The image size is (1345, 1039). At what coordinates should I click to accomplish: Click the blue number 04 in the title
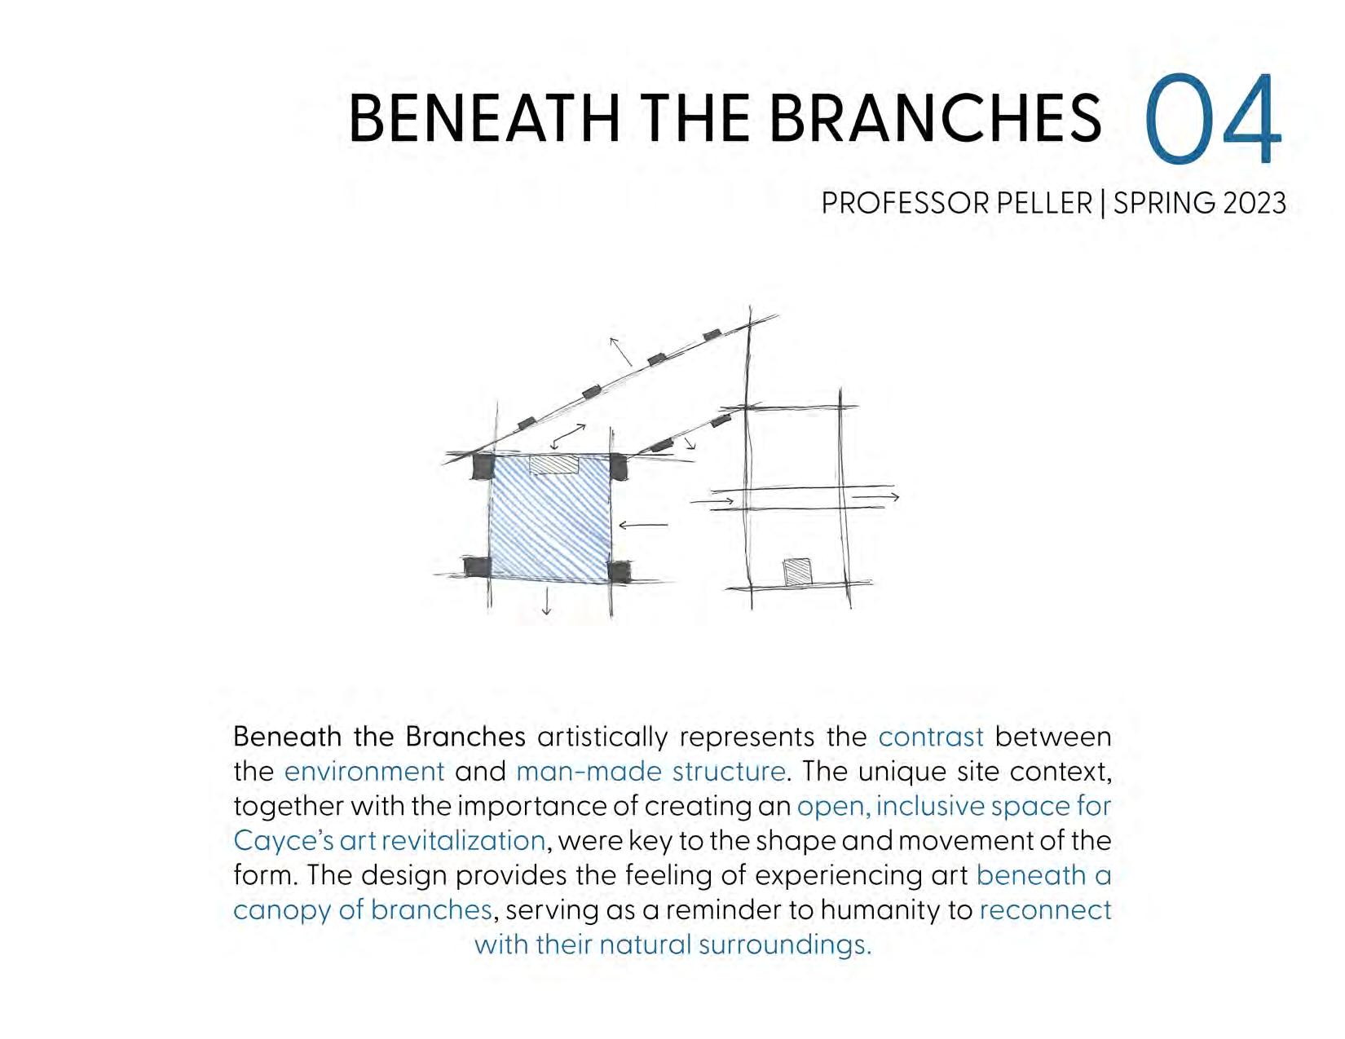coord(1214,120)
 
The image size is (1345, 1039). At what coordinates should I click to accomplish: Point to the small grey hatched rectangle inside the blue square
coord(553,464)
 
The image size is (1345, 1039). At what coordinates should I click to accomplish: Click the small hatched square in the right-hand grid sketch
coord(798,571)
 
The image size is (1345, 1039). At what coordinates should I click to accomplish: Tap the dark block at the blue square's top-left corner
coord(483,466)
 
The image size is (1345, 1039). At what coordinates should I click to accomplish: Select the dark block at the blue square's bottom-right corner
coord(619,571)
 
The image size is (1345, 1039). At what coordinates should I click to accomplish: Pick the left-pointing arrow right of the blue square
coord(643,526)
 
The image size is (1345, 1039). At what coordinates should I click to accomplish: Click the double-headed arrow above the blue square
coord(569,436)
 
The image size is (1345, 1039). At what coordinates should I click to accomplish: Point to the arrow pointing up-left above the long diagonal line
coord(620,351)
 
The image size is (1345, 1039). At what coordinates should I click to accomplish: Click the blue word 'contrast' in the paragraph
coord(931,737)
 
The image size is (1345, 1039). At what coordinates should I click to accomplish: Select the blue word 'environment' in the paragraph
coord(364,771)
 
